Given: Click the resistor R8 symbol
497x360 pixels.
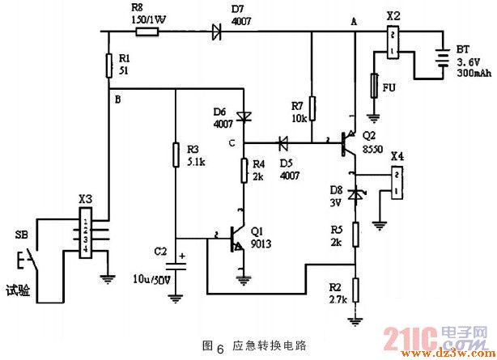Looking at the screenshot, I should click(x=147, y=32).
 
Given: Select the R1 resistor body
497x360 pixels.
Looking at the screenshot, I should click(x=110, y=65).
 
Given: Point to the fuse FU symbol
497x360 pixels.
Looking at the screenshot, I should click(x=373, y=84).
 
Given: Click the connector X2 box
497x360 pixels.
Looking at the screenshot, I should click(x=393, y=43).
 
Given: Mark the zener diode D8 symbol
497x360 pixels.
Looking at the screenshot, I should click(x=354, y=195).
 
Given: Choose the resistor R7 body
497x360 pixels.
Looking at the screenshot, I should click(x=312, y=104).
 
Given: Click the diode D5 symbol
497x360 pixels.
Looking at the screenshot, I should click(x=283, y=144).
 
